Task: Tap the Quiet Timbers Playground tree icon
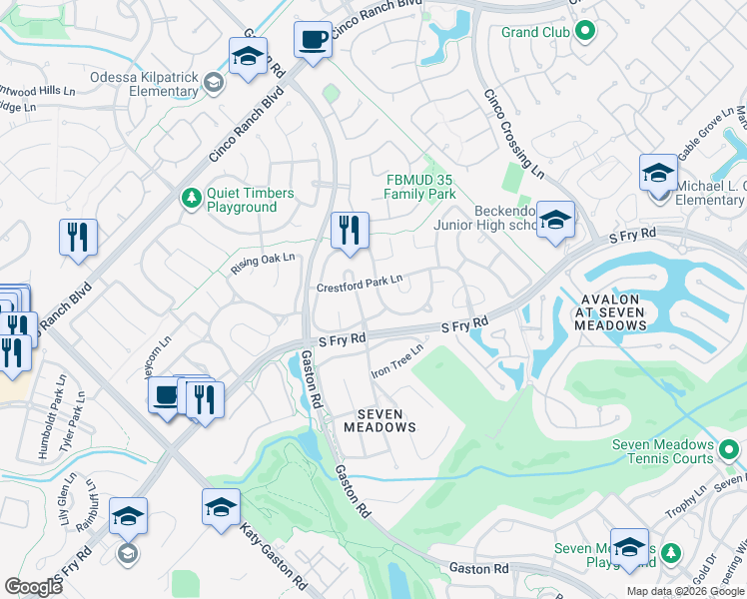[x=191, y=199]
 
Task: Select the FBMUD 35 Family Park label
[x=420, y=187]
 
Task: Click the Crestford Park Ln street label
[x=359, y=286]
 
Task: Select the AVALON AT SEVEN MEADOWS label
[x=611, y=310]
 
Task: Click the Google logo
[x=34, y=587]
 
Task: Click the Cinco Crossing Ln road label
[x=513, y=134]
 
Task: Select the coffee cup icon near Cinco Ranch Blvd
[x=314, y=40]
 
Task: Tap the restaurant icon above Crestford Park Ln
[x=350, y=232]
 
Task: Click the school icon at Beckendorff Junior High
[x=555, y=221]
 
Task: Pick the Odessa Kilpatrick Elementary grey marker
[x=213, y=83]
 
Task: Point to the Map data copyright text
[x=686, y=591]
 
